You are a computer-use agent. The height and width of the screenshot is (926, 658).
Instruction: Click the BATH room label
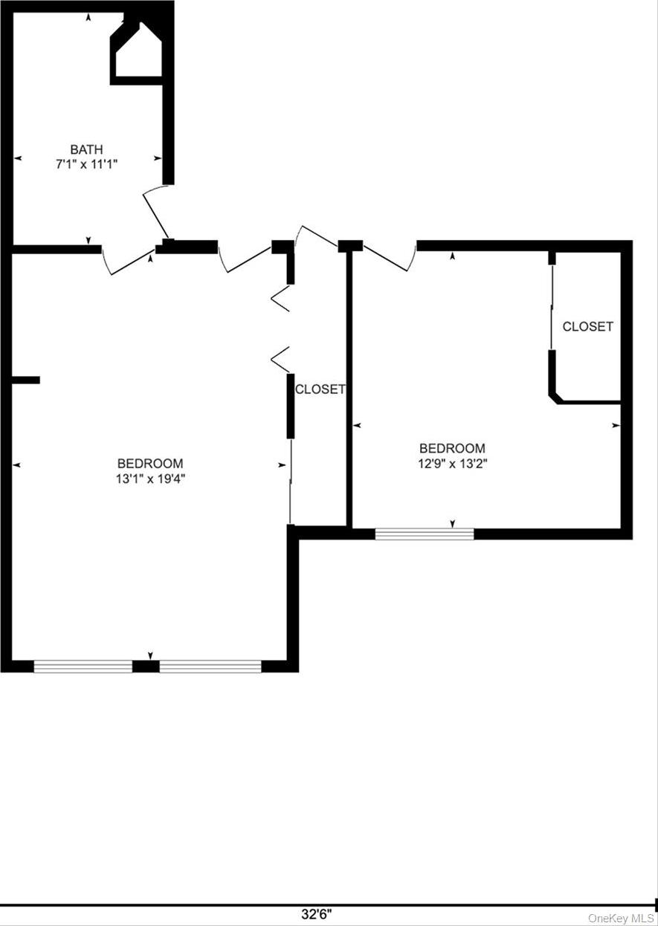(x=87, y=149)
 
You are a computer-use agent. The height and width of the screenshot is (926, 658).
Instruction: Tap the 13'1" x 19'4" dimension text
(x=149, y=479)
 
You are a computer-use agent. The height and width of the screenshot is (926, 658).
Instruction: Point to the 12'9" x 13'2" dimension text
(x=452, y=463)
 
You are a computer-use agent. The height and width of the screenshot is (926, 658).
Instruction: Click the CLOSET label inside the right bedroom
(x=587, y=326)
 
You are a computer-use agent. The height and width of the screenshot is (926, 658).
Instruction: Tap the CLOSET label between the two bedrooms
(x=320, y=389)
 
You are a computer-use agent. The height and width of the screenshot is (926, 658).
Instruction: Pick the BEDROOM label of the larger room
(x=149, y=463)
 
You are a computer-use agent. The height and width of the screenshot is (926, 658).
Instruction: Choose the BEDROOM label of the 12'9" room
(x=452, y=448)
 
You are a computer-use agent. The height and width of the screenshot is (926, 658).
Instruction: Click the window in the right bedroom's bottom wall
(x=424, y=534)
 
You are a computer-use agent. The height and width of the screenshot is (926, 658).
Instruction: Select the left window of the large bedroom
(x=83, y=667)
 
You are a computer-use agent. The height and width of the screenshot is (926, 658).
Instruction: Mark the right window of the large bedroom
(x=210, y=667)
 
